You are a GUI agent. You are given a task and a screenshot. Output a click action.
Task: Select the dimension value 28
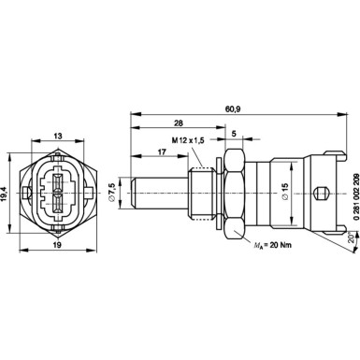[x=177, y=121]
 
